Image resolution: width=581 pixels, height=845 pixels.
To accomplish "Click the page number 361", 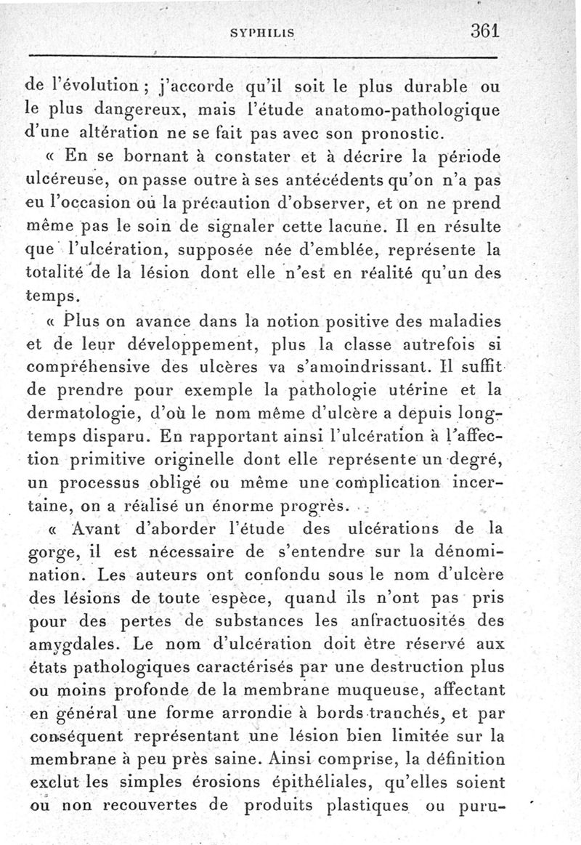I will point(487,32).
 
